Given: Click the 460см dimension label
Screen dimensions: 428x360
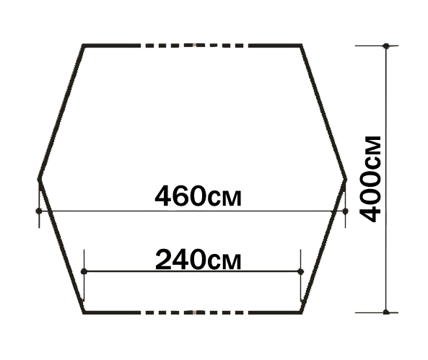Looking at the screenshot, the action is (198, 196).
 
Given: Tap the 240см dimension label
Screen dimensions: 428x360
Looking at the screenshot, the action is (198, 259).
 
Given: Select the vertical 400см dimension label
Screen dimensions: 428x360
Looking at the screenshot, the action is (370, 179).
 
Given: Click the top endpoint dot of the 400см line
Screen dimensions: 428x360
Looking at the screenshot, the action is (386, 46).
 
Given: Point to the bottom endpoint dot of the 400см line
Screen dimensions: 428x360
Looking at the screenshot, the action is (386, 312).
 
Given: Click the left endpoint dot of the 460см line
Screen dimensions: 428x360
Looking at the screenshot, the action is (39, 211).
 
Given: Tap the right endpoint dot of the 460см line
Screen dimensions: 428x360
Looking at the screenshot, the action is (345, 211).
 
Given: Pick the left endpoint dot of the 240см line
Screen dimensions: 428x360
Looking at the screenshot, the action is (84, 271).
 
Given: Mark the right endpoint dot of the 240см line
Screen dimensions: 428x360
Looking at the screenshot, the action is (300, 271).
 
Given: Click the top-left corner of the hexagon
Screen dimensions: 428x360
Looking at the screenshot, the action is (83, 45).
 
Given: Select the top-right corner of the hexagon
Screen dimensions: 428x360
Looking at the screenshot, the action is (301, 45).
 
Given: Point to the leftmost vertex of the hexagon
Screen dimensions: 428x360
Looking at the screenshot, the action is (38, 180).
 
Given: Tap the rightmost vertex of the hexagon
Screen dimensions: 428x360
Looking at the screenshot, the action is (346, 180).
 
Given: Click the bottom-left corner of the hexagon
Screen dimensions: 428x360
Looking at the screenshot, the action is (84, 312).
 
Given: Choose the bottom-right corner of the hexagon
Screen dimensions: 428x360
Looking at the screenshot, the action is (301, 312).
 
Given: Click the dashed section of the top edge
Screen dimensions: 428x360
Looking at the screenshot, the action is (194, 45).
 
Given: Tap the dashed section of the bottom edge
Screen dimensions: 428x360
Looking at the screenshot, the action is (194, 312).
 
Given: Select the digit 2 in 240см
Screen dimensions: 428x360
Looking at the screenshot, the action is (164, 259).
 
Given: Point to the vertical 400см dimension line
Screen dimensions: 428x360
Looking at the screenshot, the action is (386, 179).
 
